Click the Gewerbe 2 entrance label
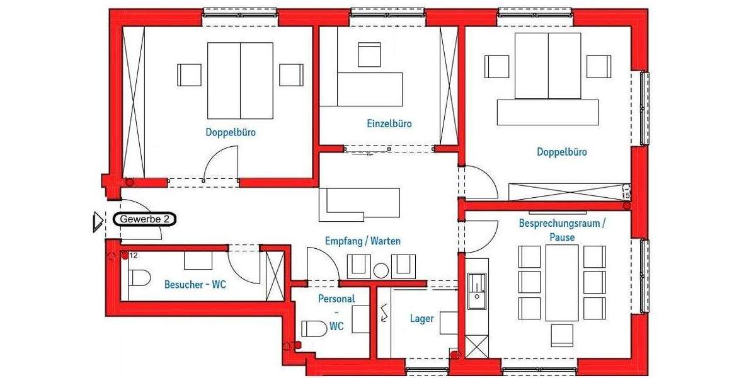point(145,219)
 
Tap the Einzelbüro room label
point(389,124)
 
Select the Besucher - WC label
point(195,285)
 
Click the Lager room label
point(421,319)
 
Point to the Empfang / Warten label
point(362,241)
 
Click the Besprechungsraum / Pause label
point(561,230)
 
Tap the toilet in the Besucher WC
point(139,277)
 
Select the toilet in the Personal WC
point(314,329)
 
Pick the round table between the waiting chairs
point(381,271)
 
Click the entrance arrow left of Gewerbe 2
point(98,221)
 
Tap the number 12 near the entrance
point(134,256)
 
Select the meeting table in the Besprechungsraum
point(561,282)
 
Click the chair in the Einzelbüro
point(369,54)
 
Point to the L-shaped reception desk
point(359,203)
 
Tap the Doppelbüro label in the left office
point(231,133)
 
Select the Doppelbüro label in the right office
point(561,152)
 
